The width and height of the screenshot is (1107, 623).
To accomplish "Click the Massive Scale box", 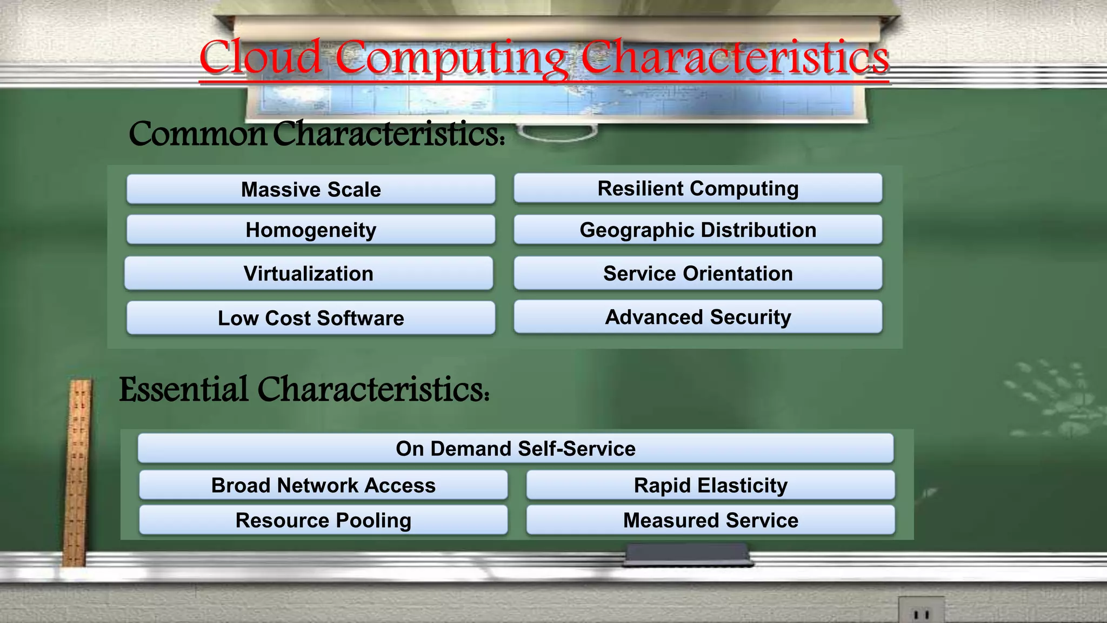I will (x=311, y=189).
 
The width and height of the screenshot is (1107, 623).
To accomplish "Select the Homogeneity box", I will (x=311, y=230).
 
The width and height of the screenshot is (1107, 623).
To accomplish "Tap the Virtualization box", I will (x=309, y=273).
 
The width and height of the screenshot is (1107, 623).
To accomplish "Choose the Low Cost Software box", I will (x=311, y=318).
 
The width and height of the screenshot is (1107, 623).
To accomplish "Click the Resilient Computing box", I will (x=698, y=188).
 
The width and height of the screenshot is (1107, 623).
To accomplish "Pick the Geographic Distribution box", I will (x=698, y=230).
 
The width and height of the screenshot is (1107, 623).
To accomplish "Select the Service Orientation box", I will (x=698, y=273).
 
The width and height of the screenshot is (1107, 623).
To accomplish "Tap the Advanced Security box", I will (x=698, y=317).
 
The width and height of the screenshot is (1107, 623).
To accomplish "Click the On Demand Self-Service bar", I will (x=516, y=448).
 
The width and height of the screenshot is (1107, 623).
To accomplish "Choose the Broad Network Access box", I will (x=323, y=485).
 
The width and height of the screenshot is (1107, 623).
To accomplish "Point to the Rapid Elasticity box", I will (x=710, y=485).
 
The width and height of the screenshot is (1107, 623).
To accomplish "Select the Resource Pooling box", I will (x=323, y=520).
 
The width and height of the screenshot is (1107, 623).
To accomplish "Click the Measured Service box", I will (x=710, y=520).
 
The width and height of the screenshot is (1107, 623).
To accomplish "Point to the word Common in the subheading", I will (x=198, y=134).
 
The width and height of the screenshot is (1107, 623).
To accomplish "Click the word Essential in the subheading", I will (x=184, y=389).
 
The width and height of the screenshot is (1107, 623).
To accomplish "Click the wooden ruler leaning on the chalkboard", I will (x=78, y=470).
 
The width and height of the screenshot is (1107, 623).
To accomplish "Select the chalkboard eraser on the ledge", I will (x=686, y=554).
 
